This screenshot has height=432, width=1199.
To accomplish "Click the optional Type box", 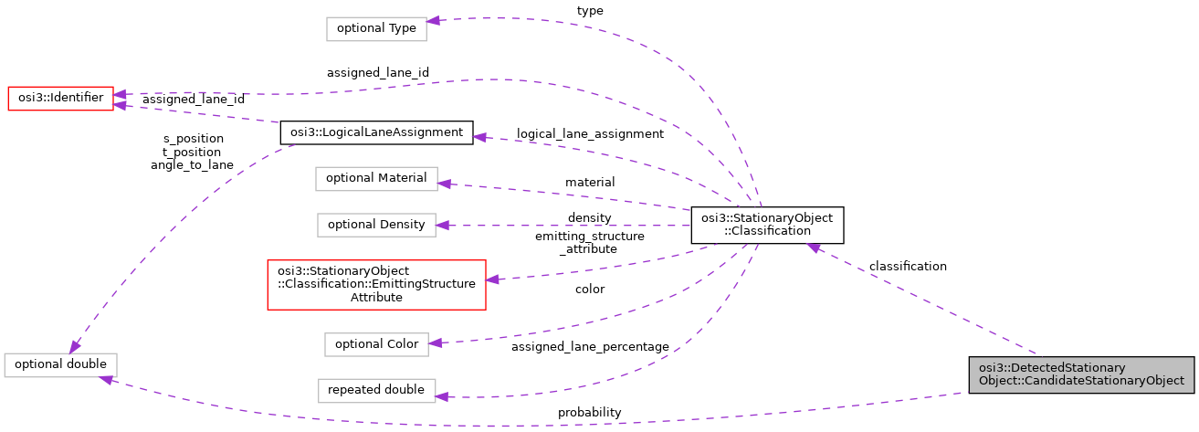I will click(376, 28).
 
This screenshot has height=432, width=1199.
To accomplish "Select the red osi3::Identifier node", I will click(60, 98).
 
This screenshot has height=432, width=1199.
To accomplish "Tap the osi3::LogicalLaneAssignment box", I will click(375, 133).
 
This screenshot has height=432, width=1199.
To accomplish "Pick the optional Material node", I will click(376, 178).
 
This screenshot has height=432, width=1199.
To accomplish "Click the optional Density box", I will click(376, 225).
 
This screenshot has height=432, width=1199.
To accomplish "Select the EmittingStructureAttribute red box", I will click(376, 284).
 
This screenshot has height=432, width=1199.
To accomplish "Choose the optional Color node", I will click(376, 344).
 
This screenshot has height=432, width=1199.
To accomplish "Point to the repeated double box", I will click(376, 390).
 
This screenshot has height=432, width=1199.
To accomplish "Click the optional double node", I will click(60, 364).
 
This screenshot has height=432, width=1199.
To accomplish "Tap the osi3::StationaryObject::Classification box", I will click(767, 225).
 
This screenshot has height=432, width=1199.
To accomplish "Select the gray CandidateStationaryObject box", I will click(1081, 374).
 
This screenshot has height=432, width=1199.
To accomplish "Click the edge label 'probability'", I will click(590, 413).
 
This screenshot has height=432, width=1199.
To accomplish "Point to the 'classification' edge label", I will click(908, 267).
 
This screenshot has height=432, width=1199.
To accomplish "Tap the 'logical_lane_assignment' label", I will click(590, 134).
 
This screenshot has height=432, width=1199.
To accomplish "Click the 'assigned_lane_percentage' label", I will click(590, 347).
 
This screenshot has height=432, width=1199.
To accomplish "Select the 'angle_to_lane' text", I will click(192, 165).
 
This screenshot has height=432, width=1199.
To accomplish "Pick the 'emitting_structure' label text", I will click(590, 237).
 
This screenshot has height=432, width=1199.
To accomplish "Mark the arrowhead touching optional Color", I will click(435, 342).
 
